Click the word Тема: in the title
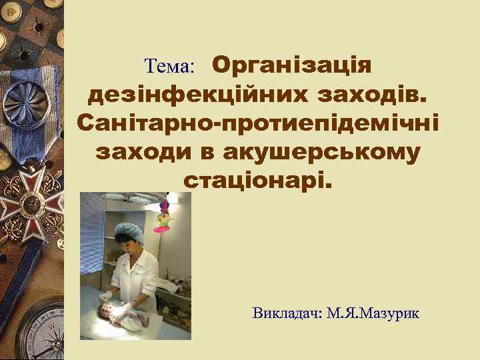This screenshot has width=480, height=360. (x=169, y=67)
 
